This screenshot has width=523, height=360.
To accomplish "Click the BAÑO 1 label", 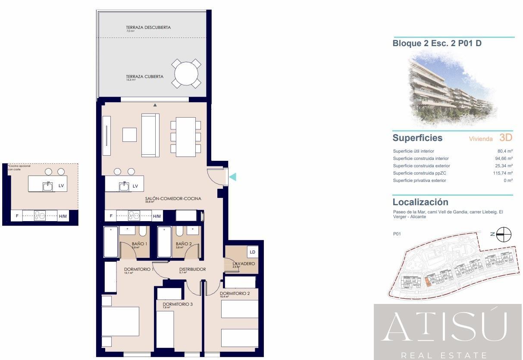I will (x=139, y=244).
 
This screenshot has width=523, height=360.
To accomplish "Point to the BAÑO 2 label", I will (x=183, y=244).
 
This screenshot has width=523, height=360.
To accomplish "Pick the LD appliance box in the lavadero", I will (x=252, y=252).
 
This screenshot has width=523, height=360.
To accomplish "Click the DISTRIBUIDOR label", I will (x=192, y=269).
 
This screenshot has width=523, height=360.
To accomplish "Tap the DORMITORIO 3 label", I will (x=178, y=304).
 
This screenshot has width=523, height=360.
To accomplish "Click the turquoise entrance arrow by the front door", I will (x=232, y=176).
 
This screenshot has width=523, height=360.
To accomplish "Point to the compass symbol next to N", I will (x=504, y=235).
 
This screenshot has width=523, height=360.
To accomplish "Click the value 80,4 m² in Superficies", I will (x=504, y=151).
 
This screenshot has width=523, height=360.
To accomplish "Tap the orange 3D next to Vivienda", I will (x=505, y=138).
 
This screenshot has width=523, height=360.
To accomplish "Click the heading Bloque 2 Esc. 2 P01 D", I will (x=437, y=44).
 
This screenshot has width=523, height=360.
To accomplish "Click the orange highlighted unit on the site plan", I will (x=427, y=282).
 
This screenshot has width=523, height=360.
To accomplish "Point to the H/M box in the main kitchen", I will (x=157, y=216).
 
